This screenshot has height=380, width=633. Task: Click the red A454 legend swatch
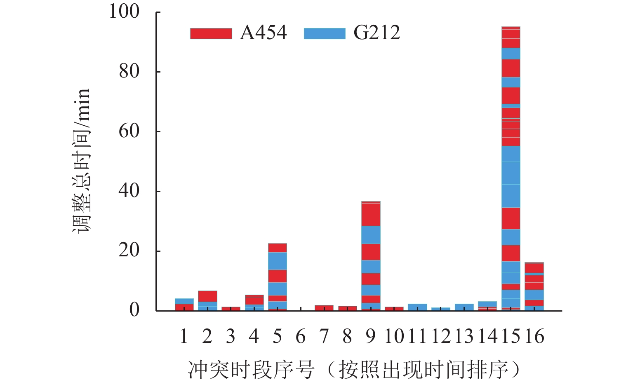point(211,33)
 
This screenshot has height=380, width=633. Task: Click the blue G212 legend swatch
point(325,33)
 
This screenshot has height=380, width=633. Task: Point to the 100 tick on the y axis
point(124,12)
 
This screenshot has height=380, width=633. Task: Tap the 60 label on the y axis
point(129,131)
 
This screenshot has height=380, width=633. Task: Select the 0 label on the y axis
point(134,310)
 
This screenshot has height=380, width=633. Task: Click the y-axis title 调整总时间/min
point(81,161)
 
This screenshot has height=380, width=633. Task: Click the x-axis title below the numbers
point(354,368)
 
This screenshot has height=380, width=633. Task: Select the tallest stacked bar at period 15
point(511,169)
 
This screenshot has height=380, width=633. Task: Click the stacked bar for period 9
point(371,256)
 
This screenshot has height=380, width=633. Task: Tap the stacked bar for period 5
point(277,277)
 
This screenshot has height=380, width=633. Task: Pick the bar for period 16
point(534,286)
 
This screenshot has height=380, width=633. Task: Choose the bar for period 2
point(207,300)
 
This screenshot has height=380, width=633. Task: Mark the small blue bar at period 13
point(464,307)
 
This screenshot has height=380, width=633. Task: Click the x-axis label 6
point(301,337)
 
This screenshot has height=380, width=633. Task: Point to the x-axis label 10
point(394,337)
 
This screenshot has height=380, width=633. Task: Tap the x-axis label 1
point(184,337)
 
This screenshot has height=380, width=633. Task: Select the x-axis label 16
point(534,337)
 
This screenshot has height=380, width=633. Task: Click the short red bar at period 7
point(324,307)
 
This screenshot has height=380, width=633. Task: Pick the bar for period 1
point(184,305)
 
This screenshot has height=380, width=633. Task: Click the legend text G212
point(377,33)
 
